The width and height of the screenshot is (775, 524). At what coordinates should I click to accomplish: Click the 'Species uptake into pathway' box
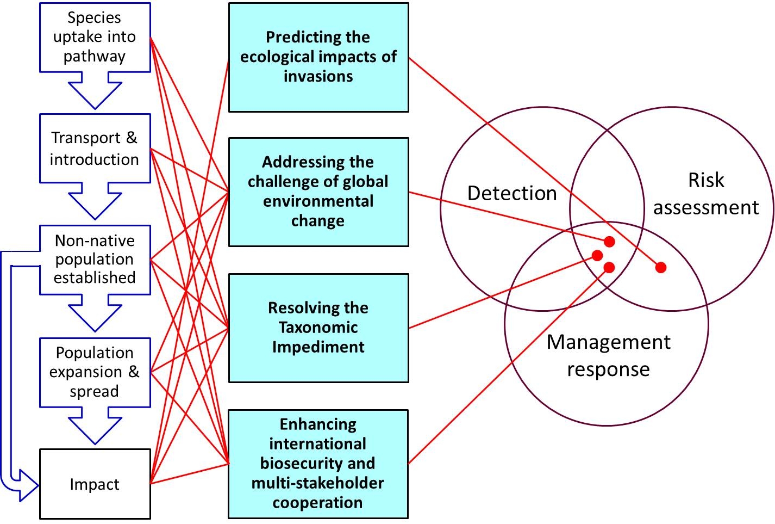tap(95, 37)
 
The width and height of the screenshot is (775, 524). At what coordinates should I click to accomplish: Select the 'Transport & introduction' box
tap(95, 148)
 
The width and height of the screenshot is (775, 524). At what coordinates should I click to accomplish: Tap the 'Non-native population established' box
tap(95, 260)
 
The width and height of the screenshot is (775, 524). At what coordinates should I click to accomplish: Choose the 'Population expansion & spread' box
tap(95, 372)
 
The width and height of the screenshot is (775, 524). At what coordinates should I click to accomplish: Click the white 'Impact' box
tap(95, 484)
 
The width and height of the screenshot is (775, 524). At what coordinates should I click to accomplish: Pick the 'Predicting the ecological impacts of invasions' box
tap(318, 57)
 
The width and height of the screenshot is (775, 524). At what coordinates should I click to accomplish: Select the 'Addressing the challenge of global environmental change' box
tap(318, 192)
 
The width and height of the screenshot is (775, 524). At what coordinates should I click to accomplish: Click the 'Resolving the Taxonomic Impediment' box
tap(318, 328)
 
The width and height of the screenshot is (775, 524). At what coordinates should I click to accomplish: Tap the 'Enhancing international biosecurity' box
tap(318, 464)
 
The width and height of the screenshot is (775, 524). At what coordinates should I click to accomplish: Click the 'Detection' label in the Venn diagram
tap(512, 193)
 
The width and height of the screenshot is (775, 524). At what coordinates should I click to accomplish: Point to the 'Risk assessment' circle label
tap(706, 194)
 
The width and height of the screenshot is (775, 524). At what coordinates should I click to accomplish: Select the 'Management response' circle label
tap(608, 355)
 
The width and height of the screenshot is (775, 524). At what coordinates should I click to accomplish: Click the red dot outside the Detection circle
tap(661, 267)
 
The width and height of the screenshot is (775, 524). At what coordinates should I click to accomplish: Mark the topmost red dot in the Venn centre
tap(609, 242)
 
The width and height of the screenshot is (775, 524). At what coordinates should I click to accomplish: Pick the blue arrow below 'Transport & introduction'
tap(95, 202)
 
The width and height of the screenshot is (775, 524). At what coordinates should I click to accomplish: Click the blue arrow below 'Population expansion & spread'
tap(95, 427)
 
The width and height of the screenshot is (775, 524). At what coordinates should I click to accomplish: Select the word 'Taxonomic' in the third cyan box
tap(318, 328)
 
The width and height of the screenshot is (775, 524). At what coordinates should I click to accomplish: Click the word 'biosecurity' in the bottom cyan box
tap(317, 464)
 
